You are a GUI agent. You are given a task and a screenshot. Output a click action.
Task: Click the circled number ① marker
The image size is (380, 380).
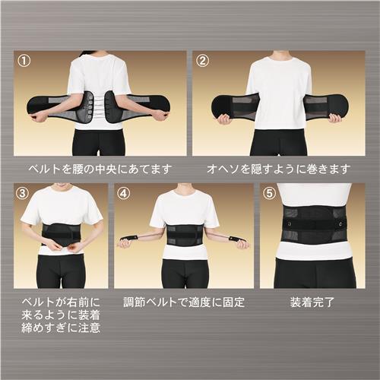tap(24, 61)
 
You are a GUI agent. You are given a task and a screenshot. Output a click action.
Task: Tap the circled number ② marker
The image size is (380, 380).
tap(203, 61)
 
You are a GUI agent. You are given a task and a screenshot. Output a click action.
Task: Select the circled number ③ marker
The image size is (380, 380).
tap(23, 193)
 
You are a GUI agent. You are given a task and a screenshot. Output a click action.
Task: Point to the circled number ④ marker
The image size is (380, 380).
tap(123, 193)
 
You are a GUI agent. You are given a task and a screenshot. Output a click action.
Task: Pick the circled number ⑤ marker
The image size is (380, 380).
tap(269, 193)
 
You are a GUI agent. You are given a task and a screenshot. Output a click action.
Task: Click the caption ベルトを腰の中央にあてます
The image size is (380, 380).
tap(100, 169)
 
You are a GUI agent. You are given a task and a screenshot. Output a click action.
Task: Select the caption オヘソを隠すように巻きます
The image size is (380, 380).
tap(279, 169)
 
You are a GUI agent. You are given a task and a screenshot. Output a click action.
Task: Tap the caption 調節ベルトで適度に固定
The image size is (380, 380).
tap(184, 302)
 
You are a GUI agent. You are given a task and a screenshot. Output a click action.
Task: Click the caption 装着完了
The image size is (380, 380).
tap(312, 302)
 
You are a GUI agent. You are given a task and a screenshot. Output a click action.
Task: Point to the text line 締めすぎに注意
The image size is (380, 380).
tap(61, 328)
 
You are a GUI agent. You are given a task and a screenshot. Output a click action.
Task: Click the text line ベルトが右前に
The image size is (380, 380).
tap(61, 302)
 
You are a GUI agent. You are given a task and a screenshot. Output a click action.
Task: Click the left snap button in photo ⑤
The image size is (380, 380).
tap(289, 223)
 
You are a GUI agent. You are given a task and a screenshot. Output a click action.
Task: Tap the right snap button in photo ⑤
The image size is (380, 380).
tap(341, 223)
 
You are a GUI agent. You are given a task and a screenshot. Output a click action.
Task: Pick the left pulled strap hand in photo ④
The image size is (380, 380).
tap(125, 242)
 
